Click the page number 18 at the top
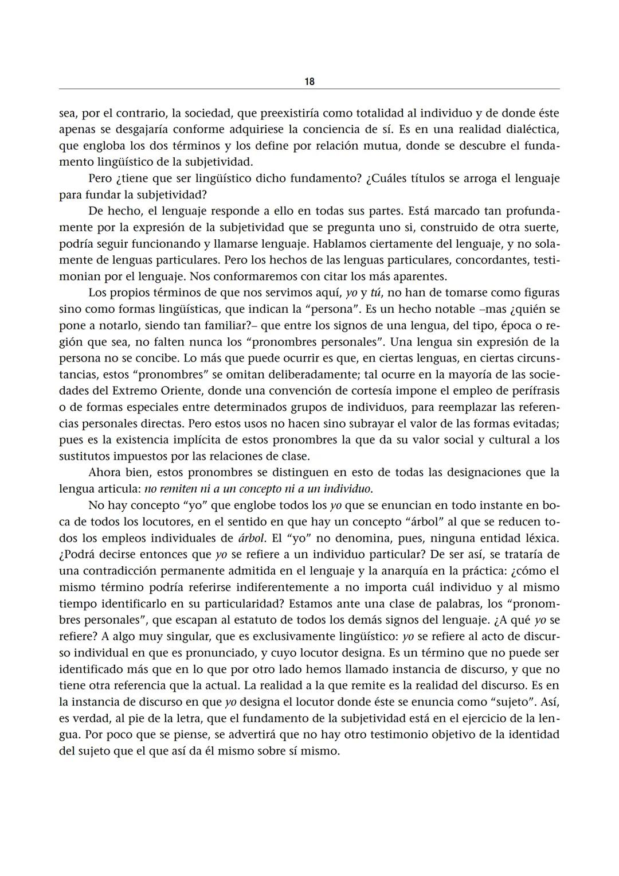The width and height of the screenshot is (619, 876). point(309,81)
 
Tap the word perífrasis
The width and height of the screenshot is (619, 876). point(532,391)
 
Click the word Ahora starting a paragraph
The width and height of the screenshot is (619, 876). point(105,473)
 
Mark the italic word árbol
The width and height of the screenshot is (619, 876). point(251,538)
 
